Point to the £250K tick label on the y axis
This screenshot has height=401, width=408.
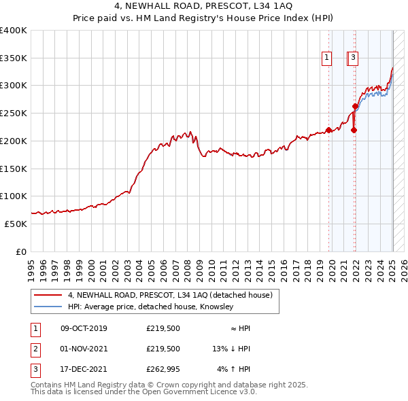pos(14,114)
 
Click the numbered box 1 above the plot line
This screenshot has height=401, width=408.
pos(327,58)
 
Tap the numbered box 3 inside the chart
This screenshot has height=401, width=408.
pos(354,58)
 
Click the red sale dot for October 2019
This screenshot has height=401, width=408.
pos(328,130)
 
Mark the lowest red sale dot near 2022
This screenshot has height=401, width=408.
pos(354,130)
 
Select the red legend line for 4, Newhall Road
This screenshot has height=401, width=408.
pos(47,295)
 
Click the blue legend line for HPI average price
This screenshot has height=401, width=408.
pos(47,307)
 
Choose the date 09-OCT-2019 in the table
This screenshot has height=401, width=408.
pos(84,328)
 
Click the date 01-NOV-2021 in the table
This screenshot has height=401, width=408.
pos(84,349)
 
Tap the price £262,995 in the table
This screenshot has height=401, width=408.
pos(163,369)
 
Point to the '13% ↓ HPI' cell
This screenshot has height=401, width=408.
pos(231,349)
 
